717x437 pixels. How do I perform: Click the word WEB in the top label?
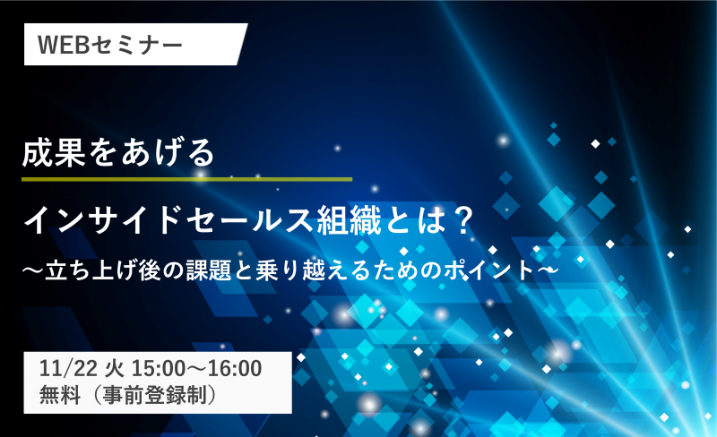(63, 45)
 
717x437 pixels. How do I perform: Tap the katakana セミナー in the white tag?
(136, 45)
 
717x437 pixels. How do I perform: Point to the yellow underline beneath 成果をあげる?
(187, 179)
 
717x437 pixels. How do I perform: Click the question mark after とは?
(461, 220)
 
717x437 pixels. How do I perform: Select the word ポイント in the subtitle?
(488, 270)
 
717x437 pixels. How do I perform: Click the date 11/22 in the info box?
(68, 368)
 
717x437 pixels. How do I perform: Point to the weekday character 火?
(115, 368)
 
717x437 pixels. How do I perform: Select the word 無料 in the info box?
(60, 395)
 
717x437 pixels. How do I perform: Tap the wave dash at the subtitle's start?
(33, 270)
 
